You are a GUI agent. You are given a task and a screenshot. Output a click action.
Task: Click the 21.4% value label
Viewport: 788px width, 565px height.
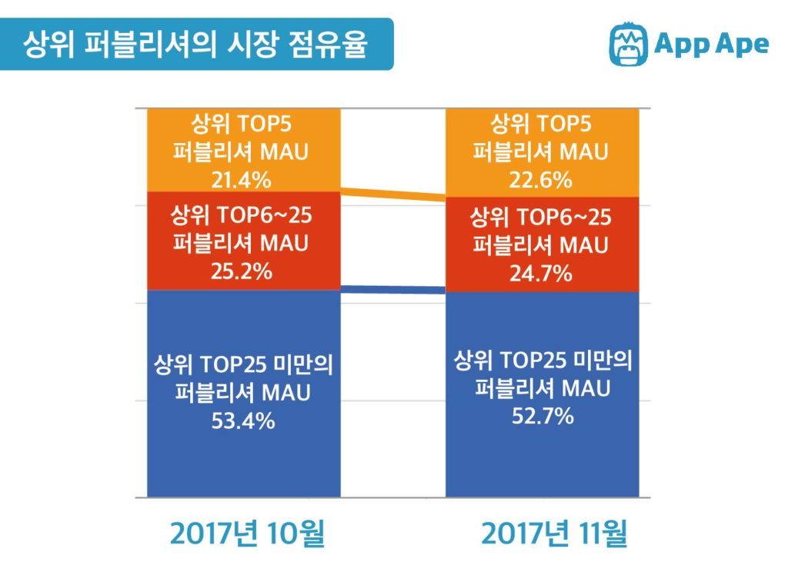(x=241, y=180)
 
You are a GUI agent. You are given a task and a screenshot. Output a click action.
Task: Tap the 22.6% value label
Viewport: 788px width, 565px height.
(x=541, y=180)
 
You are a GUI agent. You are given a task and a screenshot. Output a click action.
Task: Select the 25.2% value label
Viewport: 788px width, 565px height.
(x=241, y=271)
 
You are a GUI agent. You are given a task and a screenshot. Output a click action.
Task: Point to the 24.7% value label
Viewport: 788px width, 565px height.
(x=541, y=274)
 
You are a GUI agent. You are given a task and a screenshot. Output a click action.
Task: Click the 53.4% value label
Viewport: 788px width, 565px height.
(x=243, y=420)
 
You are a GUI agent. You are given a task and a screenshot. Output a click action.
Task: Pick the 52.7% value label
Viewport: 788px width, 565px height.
(x=543, y=417)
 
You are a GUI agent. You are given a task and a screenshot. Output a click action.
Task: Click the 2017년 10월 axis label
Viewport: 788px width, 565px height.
(x=247, y=533)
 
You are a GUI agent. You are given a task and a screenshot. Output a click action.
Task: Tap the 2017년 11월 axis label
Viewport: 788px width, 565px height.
(x=554, y=533)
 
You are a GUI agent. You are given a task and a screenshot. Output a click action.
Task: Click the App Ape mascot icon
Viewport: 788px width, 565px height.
(x=628, y=44)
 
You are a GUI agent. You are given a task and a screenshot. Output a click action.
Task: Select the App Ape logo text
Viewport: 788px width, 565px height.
(x=711, y=44)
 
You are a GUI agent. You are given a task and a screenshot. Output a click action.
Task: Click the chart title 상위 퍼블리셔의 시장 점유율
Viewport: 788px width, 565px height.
(x=195, y=44)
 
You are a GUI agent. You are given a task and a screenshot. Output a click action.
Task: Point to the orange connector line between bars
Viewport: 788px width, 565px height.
(x=393, y=194)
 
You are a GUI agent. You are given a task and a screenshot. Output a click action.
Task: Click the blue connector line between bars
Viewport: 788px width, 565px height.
(x=393, y=289)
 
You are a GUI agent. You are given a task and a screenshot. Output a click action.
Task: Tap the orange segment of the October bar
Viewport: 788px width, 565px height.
(x=244, y=150)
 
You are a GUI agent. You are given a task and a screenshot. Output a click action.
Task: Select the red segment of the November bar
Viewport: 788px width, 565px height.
(x=543, y=244)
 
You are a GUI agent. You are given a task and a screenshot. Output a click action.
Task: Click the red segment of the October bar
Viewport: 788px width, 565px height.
(x=244, y=241)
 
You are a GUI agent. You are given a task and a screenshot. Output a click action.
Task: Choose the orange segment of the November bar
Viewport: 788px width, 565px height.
(x=543, y=153)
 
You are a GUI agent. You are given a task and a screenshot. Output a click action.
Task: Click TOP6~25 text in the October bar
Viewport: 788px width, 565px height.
(x=265, y=215)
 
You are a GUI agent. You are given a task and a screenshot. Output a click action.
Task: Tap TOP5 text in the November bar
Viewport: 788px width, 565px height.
(x=564, y=124)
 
